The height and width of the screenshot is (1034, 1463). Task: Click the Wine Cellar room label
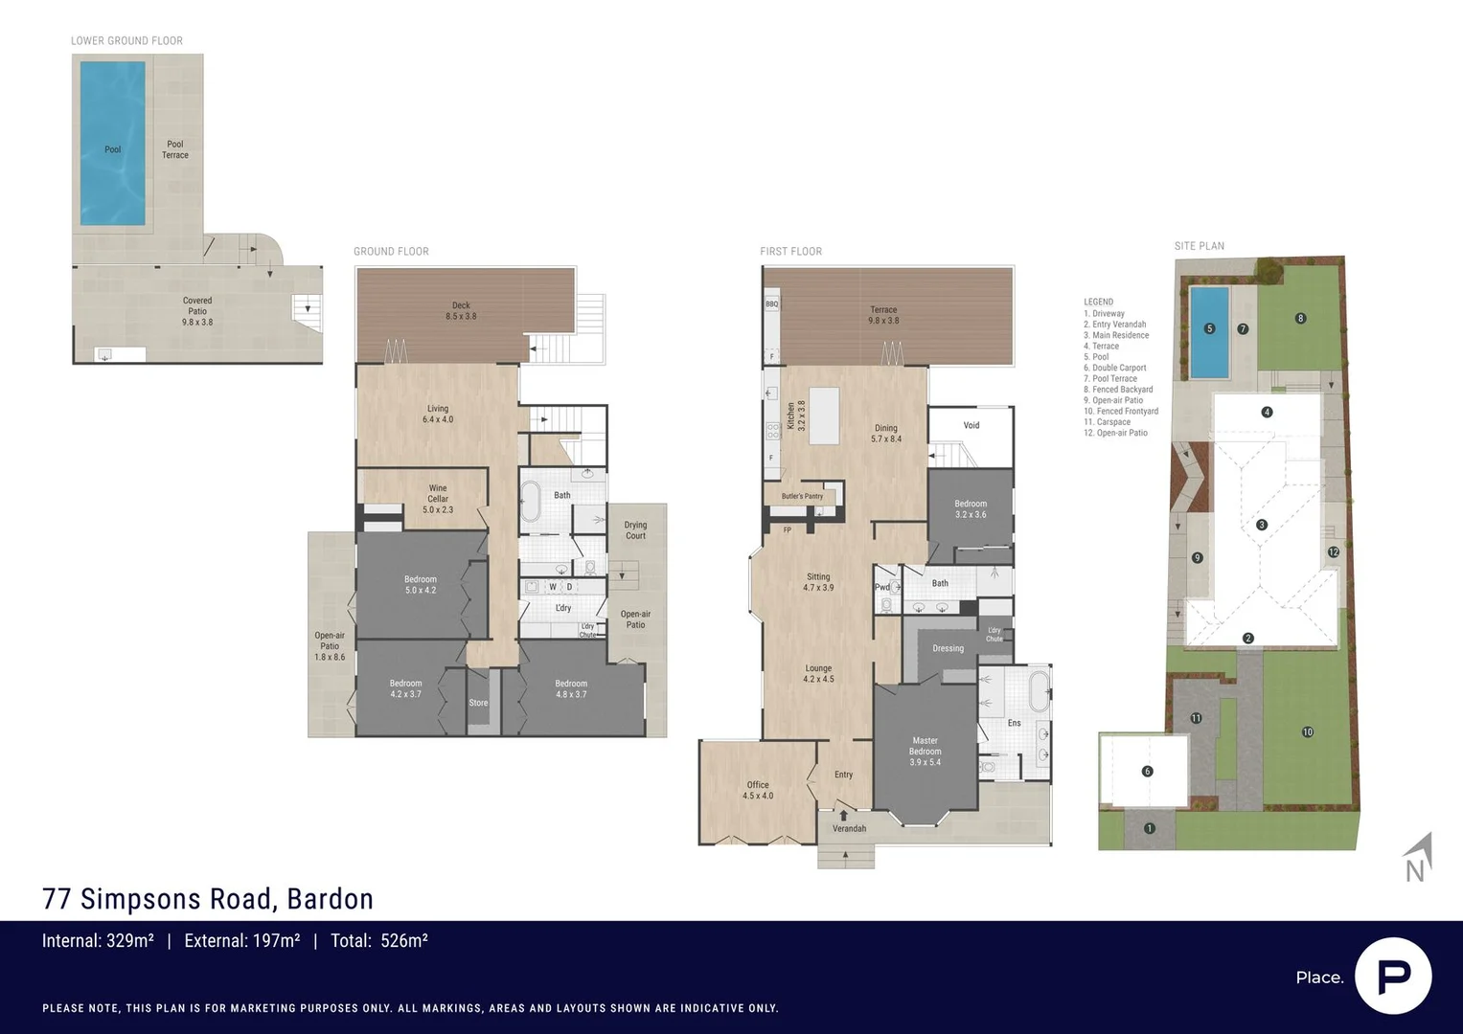pos(438,499)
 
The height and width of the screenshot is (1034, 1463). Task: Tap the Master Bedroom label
pos(925,751)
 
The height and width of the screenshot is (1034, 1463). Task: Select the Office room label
pos(758,790)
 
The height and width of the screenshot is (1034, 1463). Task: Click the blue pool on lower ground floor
pos(112,144)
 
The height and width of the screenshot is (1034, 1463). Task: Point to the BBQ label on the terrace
pos(772,303)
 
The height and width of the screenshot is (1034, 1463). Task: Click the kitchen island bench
pos(824,416)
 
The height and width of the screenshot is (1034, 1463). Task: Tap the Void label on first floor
pos(972,425)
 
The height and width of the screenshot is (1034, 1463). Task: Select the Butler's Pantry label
pos(802,496)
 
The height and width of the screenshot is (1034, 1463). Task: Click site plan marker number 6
pos(1147,771)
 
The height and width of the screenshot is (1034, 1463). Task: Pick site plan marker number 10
pos(1308,731)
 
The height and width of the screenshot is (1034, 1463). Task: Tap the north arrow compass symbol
pos(1418,858)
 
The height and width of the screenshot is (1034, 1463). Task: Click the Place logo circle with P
pos(1393,976)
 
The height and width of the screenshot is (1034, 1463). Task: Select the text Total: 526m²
pos(378,941)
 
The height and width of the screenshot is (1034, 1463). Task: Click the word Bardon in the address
pos(331,899)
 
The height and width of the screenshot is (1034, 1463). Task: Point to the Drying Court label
pos(635,529)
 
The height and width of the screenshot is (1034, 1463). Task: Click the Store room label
pos(478,703)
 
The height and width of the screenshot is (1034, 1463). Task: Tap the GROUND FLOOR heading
pos(391,252)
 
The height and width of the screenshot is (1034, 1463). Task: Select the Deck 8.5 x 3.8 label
pos(461,310)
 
